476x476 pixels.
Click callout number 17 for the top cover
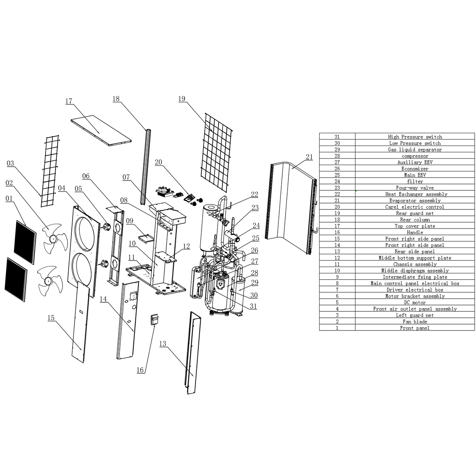pos(69,101)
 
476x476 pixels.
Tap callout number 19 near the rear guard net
pos(182,99)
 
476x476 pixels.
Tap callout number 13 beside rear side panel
pos(163,344)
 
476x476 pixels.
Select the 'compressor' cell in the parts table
pos(415,156)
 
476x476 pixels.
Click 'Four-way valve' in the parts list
pos(415,188)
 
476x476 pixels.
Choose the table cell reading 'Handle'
pos(415,232)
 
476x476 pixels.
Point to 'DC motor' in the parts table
pos(415,302)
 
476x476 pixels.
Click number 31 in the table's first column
pos(337,136)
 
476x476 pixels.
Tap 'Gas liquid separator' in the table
pos(415,150)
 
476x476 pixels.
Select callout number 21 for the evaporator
pos(309,157)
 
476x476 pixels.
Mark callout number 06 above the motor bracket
pos(86,176)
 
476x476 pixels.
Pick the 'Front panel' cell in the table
pos(415,328)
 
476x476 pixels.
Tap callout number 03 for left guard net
pos(10,163)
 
